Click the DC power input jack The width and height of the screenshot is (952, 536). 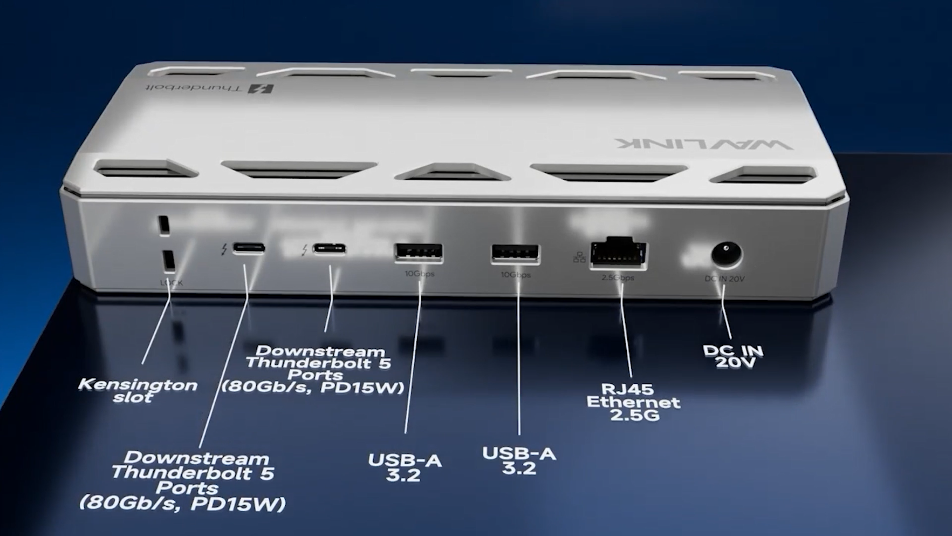(726, 255)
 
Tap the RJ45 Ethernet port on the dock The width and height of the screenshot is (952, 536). (618, 253)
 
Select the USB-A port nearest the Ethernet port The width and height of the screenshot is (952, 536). (515, 254)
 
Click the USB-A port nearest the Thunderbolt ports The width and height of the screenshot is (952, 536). (419, 252)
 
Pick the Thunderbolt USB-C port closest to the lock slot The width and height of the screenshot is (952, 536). (249, 248)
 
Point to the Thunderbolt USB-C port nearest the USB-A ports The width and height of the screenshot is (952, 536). (329, 249)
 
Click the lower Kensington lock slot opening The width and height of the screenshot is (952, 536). (168, 260)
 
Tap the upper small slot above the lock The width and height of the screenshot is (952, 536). (163, 225)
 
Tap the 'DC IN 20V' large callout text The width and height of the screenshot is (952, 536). (733, 356)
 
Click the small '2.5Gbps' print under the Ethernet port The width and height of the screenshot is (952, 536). (618, 278)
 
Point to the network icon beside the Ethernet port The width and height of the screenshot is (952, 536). (579, 258)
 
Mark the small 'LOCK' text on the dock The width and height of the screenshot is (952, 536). (172, 283)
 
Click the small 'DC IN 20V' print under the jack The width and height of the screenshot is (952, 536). (724, 279)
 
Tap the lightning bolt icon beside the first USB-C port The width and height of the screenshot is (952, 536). (224, 250)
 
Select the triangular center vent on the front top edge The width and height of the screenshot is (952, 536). (452, 173)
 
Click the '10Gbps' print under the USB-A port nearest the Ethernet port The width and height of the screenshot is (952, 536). (516, 275)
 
